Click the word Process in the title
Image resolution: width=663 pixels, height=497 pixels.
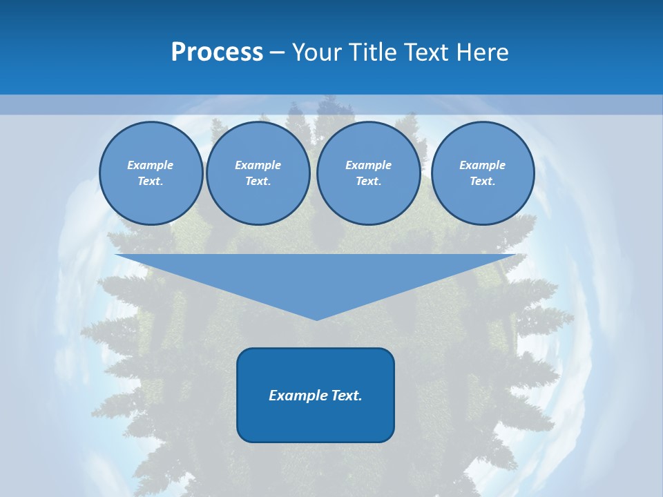pyautogui.click(x=217, y=52)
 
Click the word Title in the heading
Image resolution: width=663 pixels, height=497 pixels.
pyautogui.click(x=370, y=52)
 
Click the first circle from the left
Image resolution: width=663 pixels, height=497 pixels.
pyautogui.click(x=151, y=173)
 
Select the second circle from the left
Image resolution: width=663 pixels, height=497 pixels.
pyautogui.click(x=258, y=173)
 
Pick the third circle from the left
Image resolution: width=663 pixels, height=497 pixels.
pyautogui.click(x=368, y=173)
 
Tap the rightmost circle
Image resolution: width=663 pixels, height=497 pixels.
pyautogui.click(x=483, y=173)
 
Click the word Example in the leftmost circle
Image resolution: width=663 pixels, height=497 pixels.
pyautogui.click(x=151, y=165)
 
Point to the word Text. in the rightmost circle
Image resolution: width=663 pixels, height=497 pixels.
pyautogui.click(x=483, y=182)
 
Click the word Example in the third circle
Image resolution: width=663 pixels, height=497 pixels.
pyautogui.click(x=368, y=165)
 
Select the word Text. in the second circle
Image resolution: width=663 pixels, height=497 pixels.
pyautogui.click(x=258, y=182)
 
